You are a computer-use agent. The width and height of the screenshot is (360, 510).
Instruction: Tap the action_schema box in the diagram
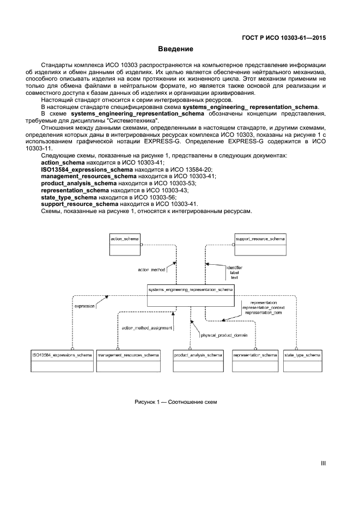pyautogui.click(x=125, y=245)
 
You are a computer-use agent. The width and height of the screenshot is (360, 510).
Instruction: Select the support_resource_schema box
pyautogui.click(x=260, y=245)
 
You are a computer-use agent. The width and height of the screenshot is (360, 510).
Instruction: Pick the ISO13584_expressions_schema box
pyautogui.click(x=62, y=360)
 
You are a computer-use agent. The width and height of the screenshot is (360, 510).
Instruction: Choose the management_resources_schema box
pyautogui.click(x=129, y=360)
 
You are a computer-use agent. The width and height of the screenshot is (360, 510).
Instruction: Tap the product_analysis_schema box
pyautogui.click(x=198, y=360)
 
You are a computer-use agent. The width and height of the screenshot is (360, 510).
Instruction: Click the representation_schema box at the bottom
pyautogui.click(x=255, y=360)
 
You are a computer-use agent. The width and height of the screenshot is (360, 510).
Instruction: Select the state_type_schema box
pyautogui.click(x=302, y=360)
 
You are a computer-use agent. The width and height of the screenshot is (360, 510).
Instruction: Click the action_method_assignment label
pyautogui.click(x=147, y=328)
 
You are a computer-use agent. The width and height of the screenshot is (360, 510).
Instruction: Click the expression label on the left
pyautogui.click(x=85, y=306)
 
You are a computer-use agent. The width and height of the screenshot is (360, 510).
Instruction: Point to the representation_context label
pyautogui.click(x=263, y=308)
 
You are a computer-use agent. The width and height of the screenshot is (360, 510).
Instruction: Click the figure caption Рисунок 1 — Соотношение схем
pyautogui.click(x=175, y=402)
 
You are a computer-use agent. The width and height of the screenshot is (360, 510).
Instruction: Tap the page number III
pyautogui.click(x=323, y=464)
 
